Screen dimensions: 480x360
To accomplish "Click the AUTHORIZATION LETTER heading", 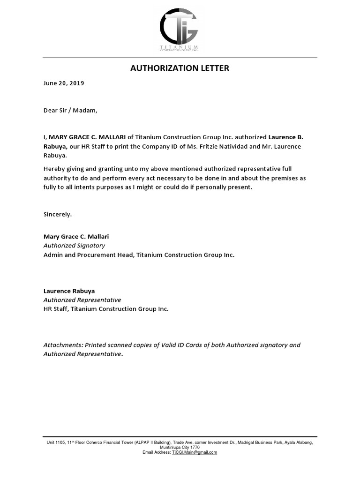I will [180, 68].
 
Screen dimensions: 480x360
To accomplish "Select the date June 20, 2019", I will [64, 83].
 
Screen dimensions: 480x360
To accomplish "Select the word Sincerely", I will [58, 214].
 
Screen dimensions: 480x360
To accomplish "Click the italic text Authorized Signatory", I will [74, 246].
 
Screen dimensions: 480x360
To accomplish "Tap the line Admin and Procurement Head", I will [89, 255].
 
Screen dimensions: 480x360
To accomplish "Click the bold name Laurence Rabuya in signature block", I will [69, 291].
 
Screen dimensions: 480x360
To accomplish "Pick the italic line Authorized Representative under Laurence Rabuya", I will [82, 300].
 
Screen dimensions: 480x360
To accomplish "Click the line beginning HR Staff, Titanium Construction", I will [105, 309].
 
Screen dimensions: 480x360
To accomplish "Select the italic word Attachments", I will [63, 345].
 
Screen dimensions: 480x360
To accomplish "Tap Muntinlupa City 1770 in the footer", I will [180, 447].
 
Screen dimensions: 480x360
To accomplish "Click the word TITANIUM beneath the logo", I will [179, 48].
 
